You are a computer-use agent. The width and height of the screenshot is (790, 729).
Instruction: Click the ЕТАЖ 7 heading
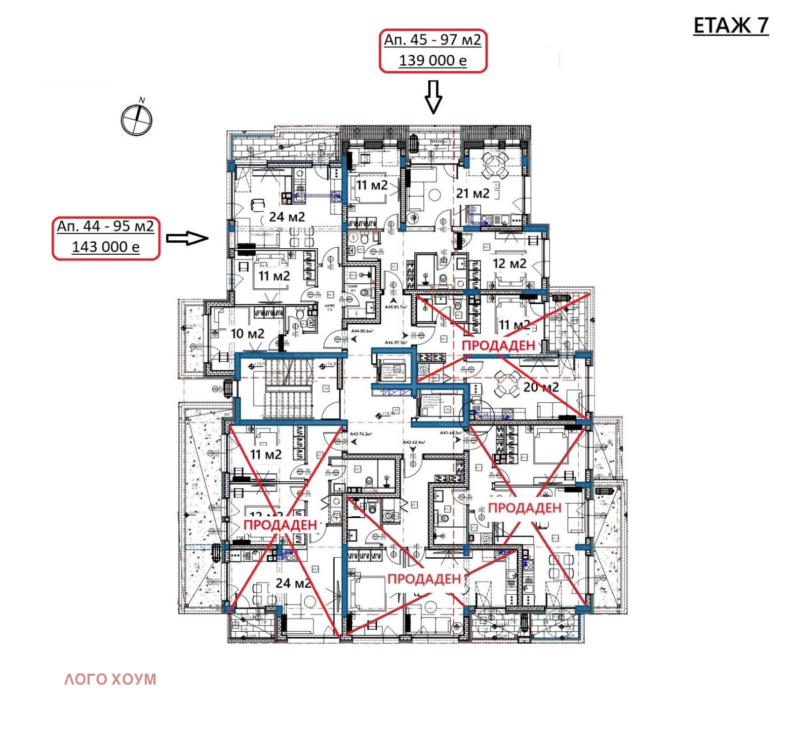[x=731, y=26]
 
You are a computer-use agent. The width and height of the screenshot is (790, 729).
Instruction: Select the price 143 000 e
[x=106, y=247]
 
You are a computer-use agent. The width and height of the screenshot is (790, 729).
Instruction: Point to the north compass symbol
[x=136, y=120]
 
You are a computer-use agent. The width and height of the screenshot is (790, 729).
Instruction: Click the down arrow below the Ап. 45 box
[x=434, y=97]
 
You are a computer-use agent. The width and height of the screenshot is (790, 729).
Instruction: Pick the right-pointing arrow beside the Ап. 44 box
[x=187, y=238]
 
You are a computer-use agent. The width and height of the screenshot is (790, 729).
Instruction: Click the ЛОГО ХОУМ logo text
[x=110, y=679]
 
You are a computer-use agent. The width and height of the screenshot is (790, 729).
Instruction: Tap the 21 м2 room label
[x=473, y=193]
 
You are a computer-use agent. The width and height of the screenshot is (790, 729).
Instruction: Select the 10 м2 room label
[x=247, y=334]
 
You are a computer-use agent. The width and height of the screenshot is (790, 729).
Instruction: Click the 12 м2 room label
[x=509, y=264]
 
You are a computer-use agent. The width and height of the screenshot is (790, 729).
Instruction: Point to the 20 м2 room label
[x=541, y=387]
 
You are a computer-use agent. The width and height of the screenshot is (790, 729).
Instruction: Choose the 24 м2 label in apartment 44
[x=287, y=217]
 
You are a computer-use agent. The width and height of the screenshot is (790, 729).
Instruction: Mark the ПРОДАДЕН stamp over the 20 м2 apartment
[x=498, y=345]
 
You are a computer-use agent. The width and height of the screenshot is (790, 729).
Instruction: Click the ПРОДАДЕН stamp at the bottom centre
[x=424, y=579]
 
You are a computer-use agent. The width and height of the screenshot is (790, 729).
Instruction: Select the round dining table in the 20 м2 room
[x=507, y=382]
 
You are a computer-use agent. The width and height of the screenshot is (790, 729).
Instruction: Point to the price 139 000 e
[x=433, y=61]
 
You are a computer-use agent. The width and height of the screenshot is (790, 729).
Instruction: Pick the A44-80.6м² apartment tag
[x=362, y=331]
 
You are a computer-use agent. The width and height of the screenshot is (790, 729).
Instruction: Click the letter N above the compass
[x=142, y=100]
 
